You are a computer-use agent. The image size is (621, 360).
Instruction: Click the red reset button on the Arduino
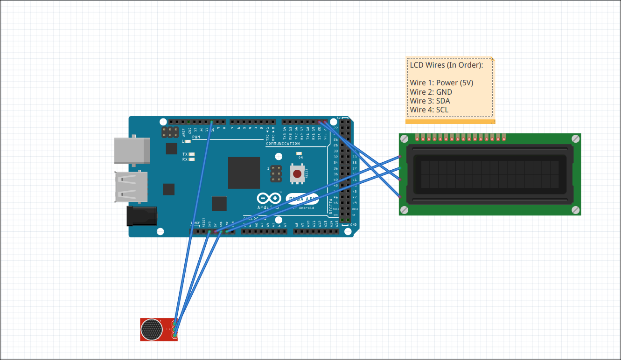(x=297, y=175)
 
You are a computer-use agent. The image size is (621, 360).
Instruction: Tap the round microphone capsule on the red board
(x=151, y=329)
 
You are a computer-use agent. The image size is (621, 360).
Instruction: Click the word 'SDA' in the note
(x=443, y=101)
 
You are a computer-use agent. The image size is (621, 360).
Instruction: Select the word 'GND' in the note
(x=444, y=92)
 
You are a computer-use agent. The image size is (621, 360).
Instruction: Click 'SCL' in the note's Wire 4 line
(x=442, y=110)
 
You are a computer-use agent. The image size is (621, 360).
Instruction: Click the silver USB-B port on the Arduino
(x=132, y=151)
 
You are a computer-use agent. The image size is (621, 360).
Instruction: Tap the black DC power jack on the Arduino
(x=142, y=216)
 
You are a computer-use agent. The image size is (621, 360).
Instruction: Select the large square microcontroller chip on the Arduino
(x=244, y=173)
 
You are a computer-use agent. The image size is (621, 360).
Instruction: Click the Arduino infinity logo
(x=269, y=198)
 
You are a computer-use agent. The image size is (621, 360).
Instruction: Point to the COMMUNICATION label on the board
(x=283, y=144)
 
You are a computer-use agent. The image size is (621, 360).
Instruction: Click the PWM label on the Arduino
(x=196, y=137)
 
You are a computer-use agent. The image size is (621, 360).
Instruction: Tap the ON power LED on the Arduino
(x=299, y=153)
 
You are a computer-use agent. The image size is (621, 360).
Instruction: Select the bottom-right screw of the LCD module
(x=576, y=210)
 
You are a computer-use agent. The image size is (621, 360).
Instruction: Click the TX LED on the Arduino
(x=191, y=154)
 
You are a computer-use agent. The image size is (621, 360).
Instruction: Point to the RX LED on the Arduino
(x=191, y=159)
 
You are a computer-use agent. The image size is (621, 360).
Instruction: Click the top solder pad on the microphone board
(x=174, y=323)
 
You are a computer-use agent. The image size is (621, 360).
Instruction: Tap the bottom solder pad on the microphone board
(x=174, y=335)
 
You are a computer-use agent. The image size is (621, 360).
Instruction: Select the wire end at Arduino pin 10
(x=212, y=122)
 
